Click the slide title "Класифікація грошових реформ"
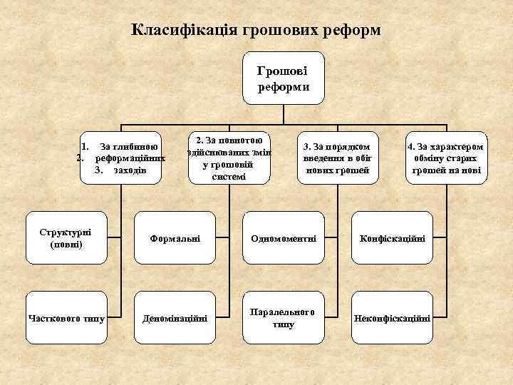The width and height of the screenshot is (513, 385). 257,31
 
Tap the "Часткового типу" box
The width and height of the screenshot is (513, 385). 66,318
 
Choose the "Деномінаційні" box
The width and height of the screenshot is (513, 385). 175,318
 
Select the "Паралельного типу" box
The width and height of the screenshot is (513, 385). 283,318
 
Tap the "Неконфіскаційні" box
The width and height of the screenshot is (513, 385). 393,318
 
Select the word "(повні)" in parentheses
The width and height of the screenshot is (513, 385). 66,245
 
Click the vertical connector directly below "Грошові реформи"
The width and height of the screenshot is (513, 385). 283,115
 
